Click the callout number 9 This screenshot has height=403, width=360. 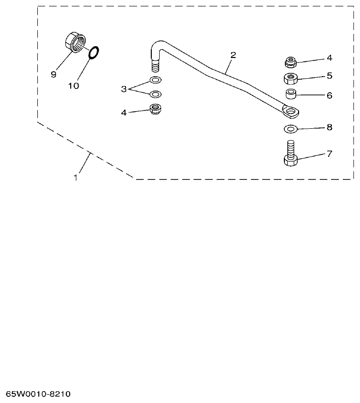click(54, 74)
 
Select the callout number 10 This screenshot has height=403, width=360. click(73, 86)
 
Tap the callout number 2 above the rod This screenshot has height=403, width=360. click(233, 55)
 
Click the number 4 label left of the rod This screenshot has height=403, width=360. click(124, 113)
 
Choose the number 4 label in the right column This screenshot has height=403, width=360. click(329, 58)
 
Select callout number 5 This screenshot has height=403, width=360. click(329, 76)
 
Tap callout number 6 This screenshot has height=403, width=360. click(329, 95)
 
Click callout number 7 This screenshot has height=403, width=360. click(329, 154)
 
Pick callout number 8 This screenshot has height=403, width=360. click(329, 127)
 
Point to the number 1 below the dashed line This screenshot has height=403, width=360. click(76, 178)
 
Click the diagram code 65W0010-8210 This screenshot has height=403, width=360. click(39, 394)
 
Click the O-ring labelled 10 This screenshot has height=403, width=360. click(94, 53)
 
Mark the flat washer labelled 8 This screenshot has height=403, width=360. click(290, 129)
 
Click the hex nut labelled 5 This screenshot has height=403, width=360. click(291, 78)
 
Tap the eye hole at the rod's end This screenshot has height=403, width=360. click(291, 113)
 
